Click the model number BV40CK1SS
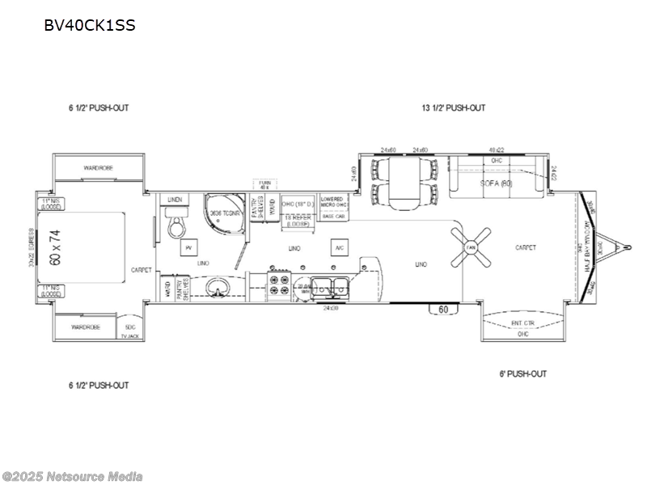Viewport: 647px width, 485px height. click(89, 25)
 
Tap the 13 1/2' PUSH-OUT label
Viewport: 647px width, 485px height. click(453, 108)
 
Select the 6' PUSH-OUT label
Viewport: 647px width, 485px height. click(522, 373)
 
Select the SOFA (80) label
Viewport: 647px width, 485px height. click(495, 183)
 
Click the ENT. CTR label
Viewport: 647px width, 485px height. click(522, 323)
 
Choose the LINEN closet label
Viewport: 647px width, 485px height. click(174, 199)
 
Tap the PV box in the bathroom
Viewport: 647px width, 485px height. click(188, 247)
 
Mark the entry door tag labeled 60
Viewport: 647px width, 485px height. click(443, 309)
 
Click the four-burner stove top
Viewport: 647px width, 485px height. click(279, 288)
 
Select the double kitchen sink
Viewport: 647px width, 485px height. click(332, 287)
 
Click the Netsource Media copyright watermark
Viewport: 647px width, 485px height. click(73, 476)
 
